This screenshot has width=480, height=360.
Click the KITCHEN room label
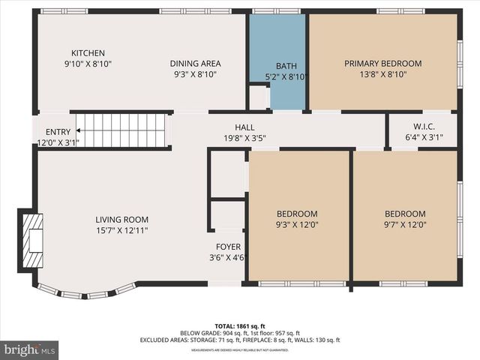pyautogui.click(x=88, y=53)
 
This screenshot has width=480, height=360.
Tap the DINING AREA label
pyautogui.click(x=195, y=64)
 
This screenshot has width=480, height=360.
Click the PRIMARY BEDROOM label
pyautogui.click(x=382, y=64)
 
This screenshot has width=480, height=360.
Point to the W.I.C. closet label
pyautogui.click(x=424, y=126)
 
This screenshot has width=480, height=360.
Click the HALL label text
pyautogui.click(x=244, y=127)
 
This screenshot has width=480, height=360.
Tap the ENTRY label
pyautogui.click(x=58, y=132)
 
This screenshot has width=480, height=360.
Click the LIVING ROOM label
pyautogui.click(x=121, y=220)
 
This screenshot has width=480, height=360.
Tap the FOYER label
pyautogui.click(x=228, y=247)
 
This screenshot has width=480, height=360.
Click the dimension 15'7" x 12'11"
pyautogui.click(x=121, y=230)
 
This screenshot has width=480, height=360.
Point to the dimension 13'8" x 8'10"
pyautogui.click(x=382, y=75)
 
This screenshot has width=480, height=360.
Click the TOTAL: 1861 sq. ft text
pyautogui.click(x=240, y=326)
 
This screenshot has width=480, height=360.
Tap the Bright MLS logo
pyautogui.click(x=30, y=349)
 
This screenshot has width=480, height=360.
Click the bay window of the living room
pyautogui.click(x=86, y=292)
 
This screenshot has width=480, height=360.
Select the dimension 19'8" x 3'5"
pyautogui.click(x=244, y=138)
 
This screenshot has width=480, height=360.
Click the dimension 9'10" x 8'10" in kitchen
pyautogui.click(x=88, y=64)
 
